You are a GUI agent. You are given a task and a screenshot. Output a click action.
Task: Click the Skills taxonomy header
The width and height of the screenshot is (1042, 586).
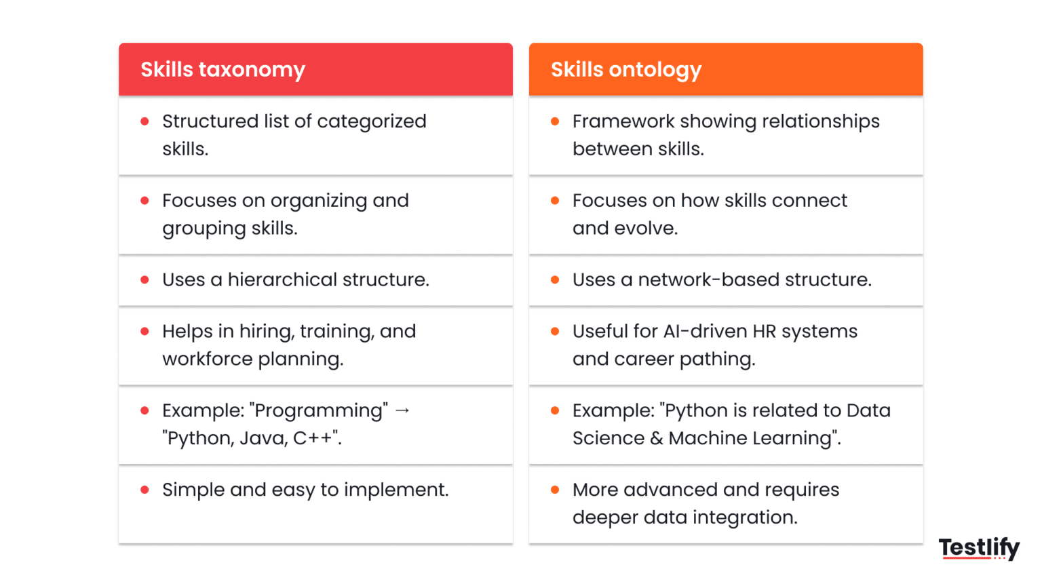tap(223, 70)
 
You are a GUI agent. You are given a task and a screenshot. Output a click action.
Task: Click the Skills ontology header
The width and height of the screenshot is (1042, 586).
tap(625, 70)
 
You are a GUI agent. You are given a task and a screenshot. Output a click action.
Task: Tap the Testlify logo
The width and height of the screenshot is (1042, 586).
tap(979, 547)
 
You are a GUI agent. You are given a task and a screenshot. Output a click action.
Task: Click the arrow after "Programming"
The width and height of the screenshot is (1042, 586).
tap(402, 410)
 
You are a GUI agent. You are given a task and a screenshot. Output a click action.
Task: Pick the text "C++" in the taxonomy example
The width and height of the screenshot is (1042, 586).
tap(313, 438)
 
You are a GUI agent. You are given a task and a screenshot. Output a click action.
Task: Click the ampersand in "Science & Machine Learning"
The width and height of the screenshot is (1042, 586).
tap(656, 438)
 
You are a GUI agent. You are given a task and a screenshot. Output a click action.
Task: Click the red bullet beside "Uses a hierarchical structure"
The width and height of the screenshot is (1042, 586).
tap(144, 279)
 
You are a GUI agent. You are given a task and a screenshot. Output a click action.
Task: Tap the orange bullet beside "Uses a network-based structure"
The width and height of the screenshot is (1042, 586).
tap(555, 279)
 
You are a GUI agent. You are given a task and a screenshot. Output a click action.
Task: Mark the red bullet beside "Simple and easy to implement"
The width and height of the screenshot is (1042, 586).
tap(144, 490)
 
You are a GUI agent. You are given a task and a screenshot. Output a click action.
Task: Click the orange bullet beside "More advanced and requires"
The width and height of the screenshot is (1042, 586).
tap(555, 490)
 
